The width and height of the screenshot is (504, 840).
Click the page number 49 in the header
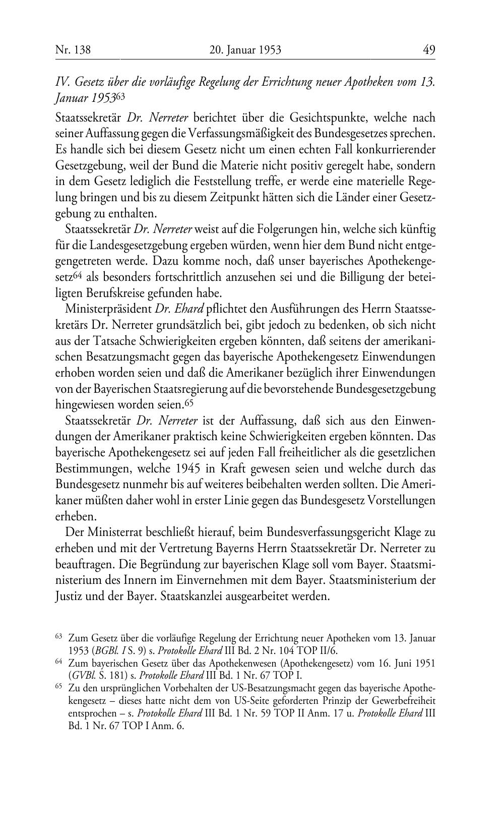(429, 49)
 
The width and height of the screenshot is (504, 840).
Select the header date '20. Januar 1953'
(244, 49)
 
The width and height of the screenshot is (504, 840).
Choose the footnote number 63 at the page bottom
(58, 637)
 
